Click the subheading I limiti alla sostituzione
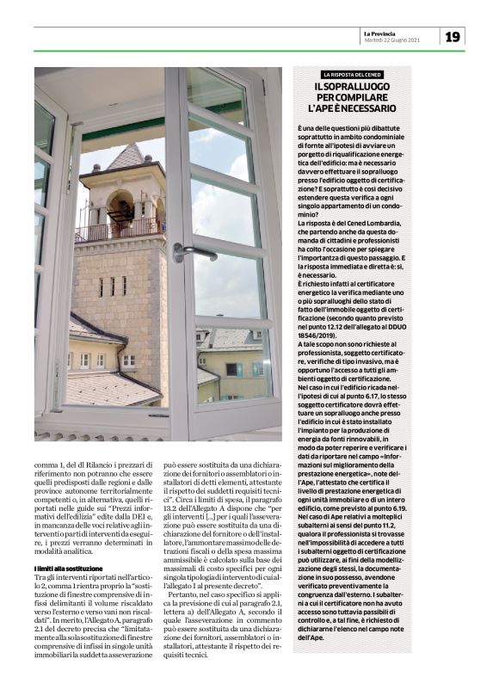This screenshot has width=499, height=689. [68, 569]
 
